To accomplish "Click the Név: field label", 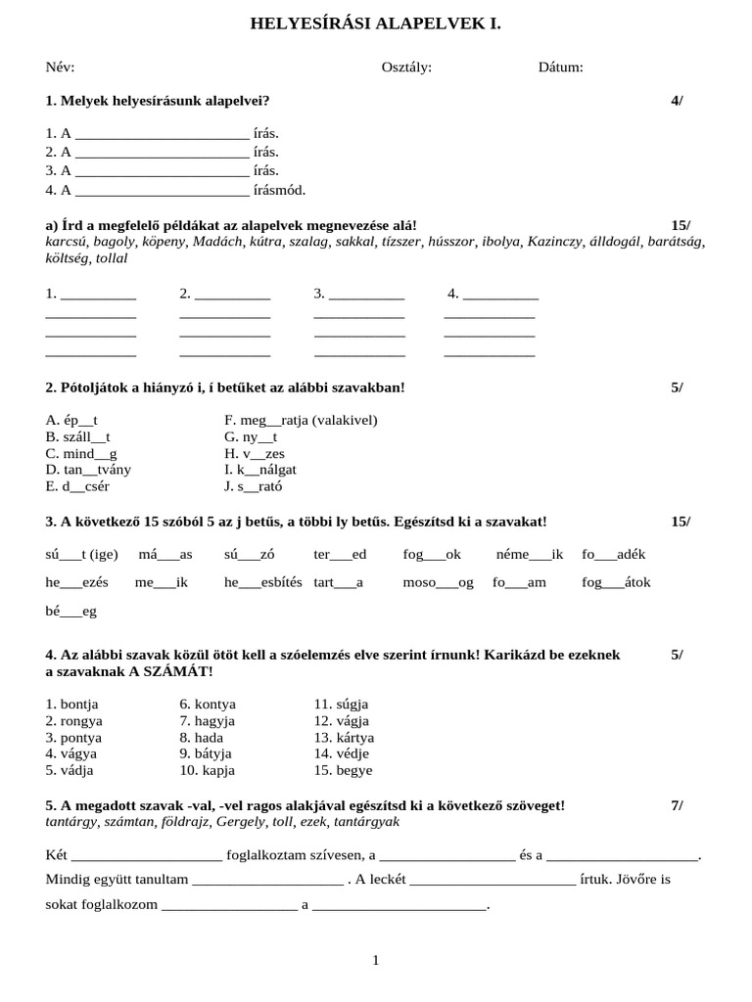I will (60, 68).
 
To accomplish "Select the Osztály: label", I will (406, 68).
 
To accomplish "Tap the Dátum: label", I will (560, 68).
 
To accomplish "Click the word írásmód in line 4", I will (279, 191).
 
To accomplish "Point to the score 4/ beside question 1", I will (678, 101).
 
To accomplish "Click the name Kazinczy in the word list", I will (557, 242).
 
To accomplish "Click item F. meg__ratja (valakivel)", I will (300, 421).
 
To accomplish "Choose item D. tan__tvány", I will (88, 470).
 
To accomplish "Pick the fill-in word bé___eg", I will (71, 612).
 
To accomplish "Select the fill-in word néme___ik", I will (530, 554).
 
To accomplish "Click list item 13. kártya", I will (344, 738).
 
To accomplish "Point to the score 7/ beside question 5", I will (678, 805).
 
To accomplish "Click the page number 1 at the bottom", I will (376, 961).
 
